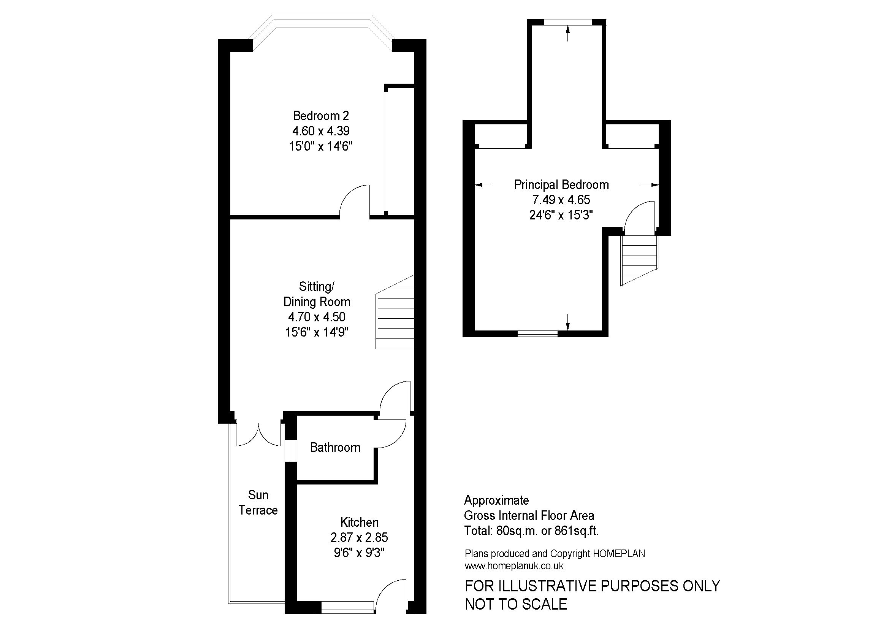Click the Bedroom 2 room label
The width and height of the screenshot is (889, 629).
(321, 116)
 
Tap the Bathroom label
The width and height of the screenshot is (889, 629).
(335, 447)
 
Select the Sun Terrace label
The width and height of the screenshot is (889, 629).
(258, 502)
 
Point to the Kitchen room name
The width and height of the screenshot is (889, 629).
(359, 522)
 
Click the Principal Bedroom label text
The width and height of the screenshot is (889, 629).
(561, 185)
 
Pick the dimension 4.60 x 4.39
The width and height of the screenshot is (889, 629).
(321, 131)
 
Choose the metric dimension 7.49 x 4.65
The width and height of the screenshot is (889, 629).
(561, 200)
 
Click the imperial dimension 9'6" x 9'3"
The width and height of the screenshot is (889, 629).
(359, 553)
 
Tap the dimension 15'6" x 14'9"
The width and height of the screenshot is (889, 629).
(317, 332)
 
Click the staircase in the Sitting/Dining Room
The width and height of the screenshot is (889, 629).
(395, 312)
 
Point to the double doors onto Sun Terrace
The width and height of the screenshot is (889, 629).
(258, 435)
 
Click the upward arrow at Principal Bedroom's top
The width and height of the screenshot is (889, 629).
(567, 33)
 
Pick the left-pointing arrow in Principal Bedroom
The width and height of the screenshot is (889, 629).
(483, 185)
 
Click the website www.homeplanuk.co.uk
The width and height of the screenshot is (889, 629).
(514, 566)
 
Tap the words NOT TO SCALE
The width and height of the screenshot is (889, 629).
(516, 604)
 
